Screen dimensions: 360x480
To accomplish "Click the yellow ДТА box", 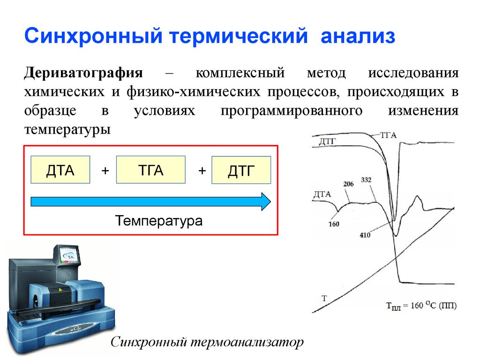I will pos(60,170).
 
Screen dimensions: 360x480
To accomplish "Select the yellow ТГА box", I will pos(150,170).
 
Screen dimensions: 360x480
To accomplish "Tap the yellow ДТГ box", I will pos(241,171).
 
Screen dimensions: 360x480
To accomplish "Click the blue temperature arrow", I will pos(150,202).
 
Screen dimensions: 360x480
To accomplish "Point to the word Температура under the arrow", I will pos(159,220).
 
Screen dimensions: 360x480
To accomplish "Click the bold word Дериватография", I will pos(83,74).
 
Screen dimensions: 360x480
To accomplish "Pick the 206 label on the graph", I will pos(348,184).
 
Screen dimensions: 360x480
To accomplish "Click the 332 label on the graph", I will pos(367,180).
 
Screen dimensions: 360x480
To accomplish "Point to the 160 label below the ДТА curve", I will pos(334,224).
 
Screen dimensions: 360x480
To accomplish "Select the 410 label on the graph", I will pos(365,235).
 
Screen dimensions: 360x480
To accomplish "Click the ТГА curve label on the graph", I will pos(388,135).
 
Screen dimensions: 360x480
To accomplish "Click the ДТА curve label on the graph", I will pos(322,193).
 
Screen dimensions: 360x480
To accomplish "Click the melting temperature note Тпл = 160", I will pos(421,306).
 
